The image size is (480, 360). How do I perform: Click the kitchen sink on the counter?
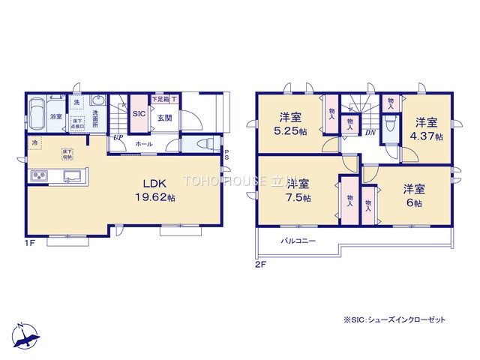73,177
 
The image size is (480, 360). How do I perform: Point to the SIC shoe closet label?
139,114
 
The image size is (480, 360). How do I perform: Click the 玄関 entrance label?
165,116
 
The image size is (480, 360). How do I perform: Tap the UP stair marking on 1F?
118,138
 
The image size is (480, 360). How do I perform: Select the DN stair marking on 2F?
370,133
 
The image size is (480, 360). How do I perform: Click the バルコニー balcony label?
298,241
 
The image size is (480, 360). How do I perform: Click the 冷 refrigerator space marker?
34,141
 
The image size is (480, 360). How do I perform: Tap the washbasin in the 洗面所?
97,102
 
